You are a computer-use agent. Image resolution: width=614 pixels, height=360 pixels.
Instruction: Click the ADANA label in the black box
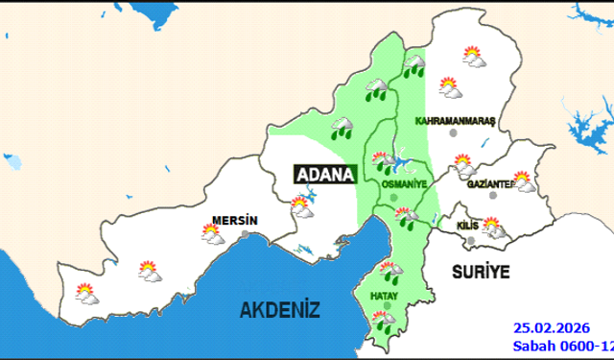click(324, 175)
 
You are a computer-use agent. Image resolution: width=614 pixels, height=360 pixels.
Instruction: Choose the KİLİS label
click(468, 224)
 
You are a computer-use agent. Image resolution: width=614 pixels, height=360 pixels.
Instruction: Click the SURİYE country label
click(480, 271)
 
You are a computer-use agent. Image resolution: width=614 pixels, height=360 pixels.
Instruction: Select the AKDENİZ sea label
click(279, 309)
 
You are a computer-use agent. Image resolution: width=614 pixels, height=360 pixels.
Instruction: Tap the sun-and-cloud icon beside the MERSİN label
click(212, 232)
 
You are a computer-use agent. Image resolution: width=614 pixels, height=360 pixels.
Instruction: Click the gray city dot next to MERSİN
click(247, 233)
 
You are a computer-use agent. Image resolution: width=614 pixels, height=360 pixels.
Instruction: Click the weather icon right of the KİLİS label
click(493, 228)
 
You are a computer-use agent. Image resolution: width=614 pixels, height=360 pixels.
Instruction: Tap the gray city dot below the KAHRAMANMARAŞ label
click(452, 135)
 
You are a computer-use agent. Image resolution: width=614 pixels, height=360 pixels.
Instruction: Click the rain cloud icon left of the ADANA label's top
click(341, 128)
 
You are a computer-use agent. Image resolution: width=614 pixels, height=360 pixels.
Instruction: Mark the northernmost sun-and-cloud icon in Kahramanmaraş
click(471, 57)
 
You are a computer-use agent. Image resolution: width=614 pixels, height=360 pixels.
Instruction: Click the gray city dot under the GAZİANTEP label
click(493, 195)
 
